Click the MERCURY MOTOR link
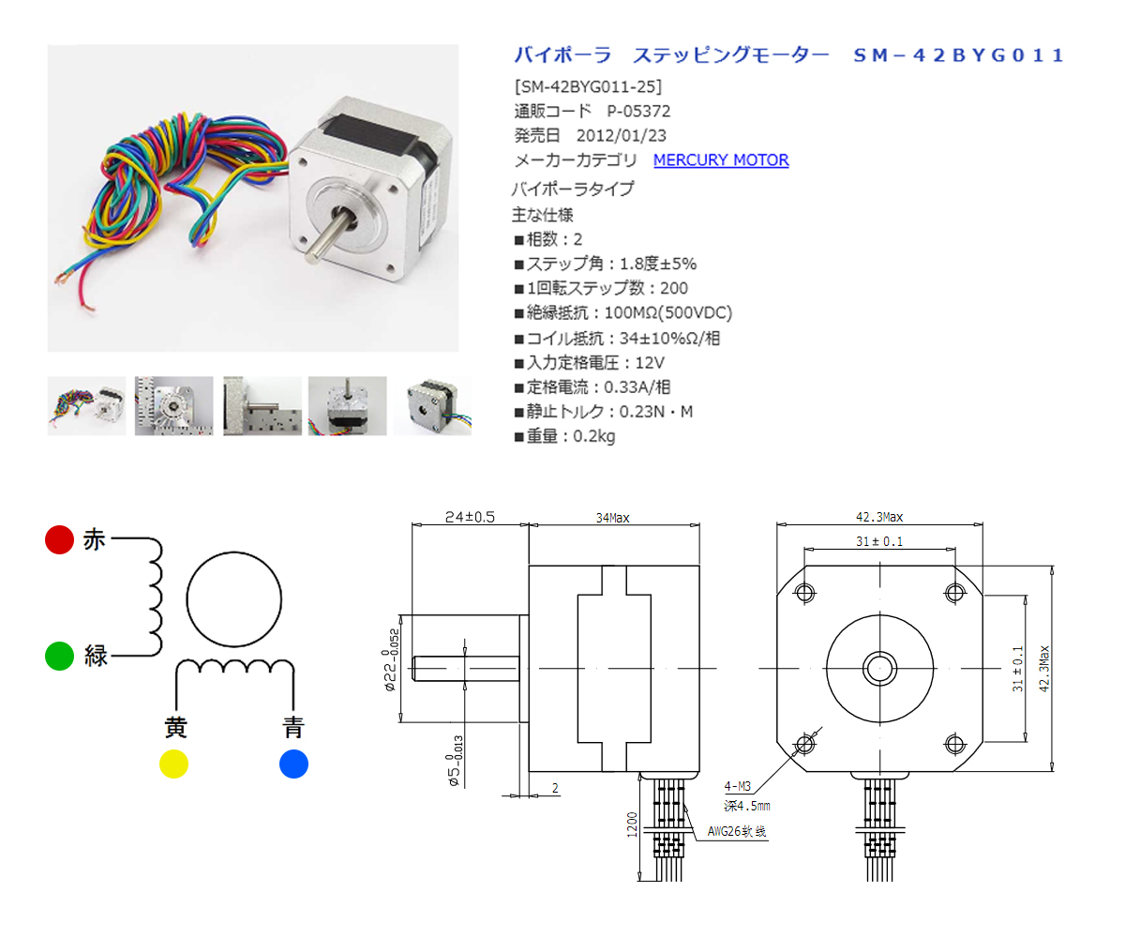tap(720, 159)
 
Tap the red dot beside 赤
tap(59, 539)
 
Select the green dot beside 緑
tap(59, 655)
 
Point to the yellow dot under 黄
tap(173, 764)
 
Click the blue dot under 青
tap(293, 764)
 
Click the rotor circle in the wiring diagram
tap(233, 552)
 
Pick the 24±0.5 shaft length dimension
tap(470, 517)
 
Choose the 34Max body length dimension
tap(612, 518)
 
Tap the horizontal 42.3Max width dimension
tap(879, 517)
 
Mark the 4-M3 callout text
tap(737, 786)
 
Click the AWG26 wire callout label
tap(737, 831)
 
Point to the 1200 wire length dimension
tap(632, 825)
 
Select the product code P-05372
tap(638, 111)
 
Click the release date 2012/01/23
tap(622, 135)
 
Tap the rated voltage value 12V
tap(650, 362)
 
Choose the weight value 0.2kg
tap(593, 435)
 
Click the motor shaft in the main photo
tap(329, 235)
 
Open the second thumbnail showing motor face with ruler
tap(173, 405)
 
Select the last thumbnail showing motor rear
tap(432, 405)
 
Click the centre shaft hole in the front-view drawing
tap(879, 668)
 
